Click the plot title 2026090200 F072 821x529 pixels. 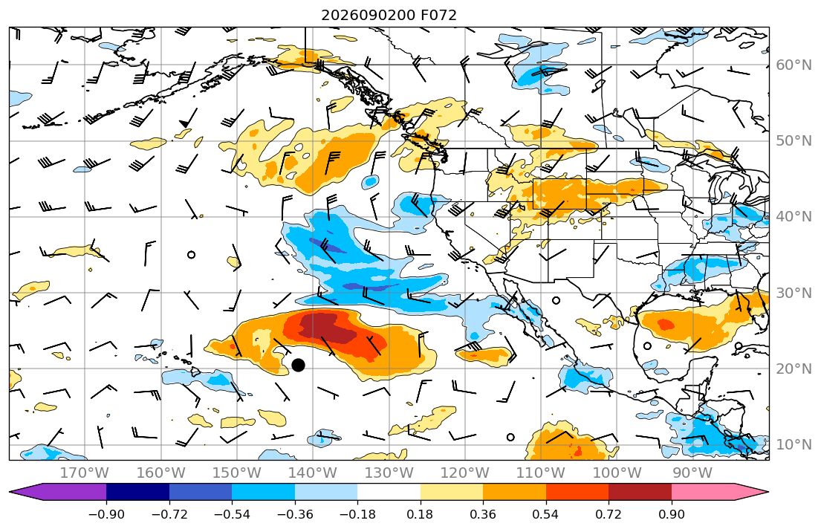(389, 15)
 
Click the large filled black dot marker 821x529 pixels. (298, 365)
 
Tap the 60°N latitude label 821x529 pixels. (794, 65)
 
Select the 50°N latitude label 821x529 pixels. (794, 141)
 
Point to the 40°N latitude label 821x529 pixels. (794, 217)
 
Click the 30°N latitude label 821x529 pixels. (794, 293)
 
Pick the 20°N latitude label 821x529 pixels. (794, 369)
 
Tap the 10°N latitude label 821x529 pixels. (794, 445)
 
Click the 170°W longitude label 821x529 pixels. (85, 473)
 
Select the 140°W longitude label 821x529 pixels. (313, 473)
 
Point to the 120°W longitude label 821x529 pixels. (465, 473)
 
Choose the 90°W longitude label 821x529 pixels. (692, 473)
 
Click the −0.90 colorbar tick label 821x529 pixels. (106, 514)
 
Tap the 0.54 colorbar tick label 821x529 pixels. (545, 514)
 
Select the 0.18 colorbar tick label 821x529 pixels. (421, 514)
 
